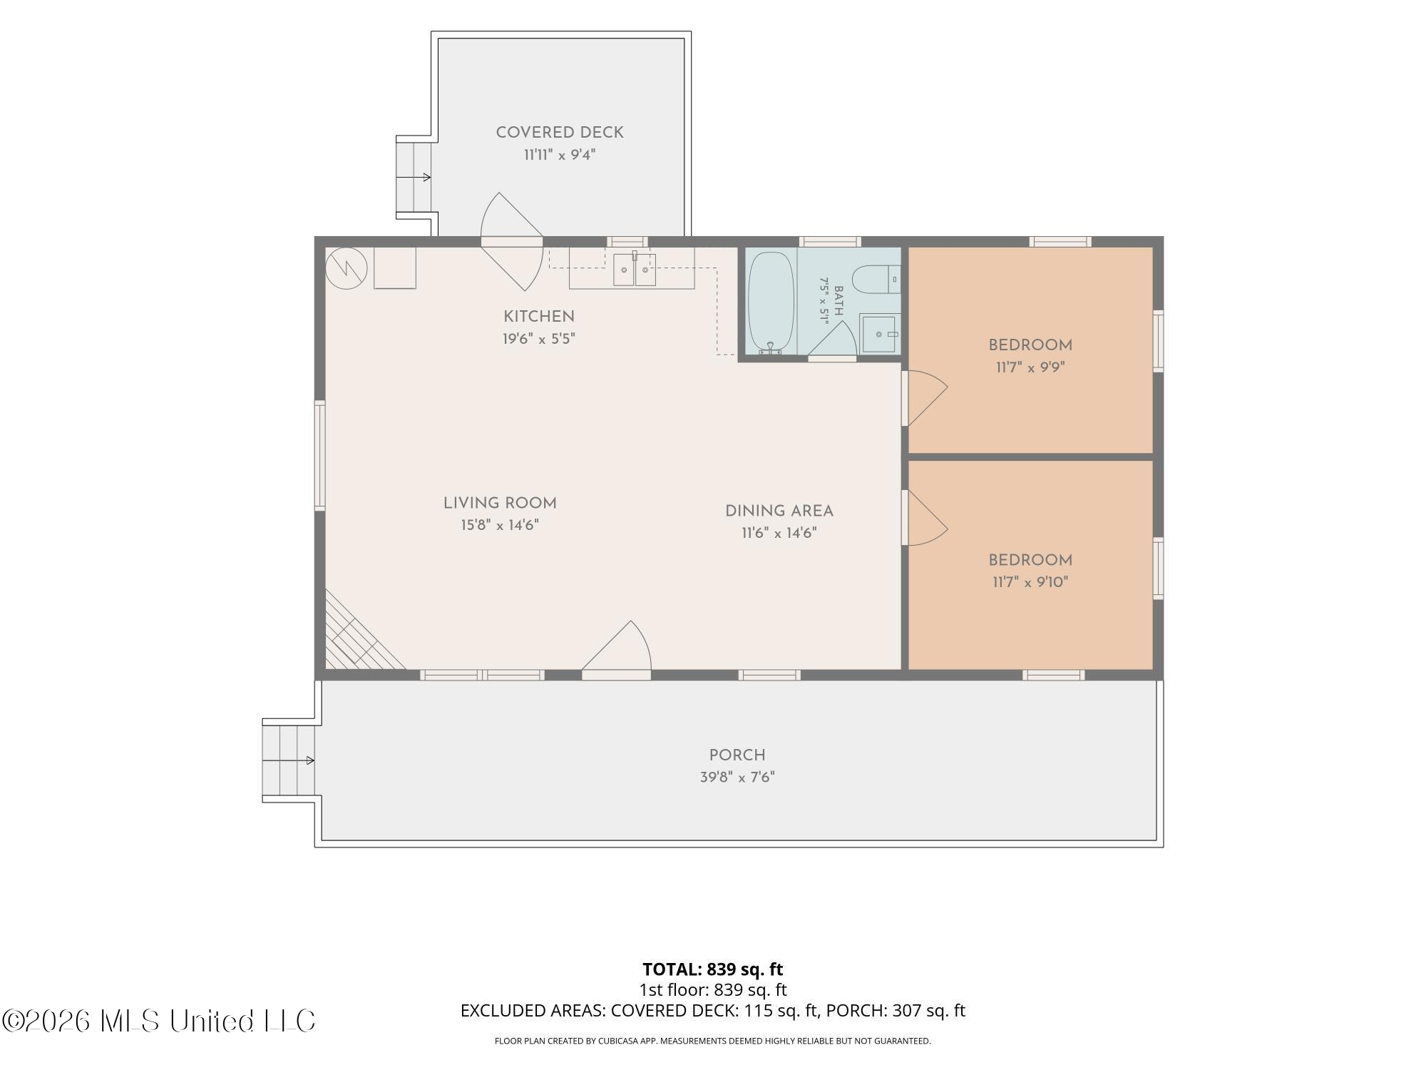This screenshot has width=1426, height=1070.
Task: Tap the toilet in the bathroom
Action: click(876, 279)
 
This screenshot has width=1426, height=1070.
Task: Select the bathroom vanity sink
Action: click(880, 334)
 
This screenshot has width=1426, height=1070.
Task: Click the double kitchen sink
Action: click(635, 269)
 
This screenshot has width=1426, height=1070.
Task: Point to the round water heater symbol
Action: click(347, 268)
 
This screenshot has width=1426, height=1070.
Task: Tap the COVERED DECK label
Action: click(560, 133)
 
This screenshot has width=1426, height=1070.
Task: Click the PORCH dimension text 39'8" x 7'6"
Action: click(737, 777)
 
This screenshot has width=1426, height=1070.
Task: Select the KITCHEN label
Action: click(539, 317)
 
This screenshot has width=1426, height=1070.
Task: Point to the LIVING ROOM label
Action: click(500, 503)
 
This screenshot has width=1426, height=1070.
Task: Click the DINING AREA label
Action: click(779, 511)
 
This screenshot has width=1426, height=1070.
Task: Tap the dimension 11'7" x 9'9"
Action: click(1030, 367)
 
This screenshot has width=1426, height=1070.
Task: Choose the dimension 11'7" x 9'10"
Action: click(1030, 582)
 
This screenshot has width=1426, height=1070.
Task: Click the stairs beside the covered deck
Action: click(414, 177)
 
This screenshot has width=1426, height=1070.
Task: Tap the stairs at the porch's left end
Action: click(289, 760)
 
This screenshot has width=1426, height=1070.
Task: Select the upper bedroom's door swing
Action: click(925, 398)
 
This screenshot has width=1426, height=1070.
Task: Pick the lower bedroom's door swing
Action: click(925, 518)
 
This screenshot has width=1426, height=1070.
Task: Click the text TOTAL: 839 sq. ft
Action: click(713, 969)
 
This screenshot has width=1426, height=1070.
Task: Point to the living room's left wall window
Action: click(320, 455)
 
